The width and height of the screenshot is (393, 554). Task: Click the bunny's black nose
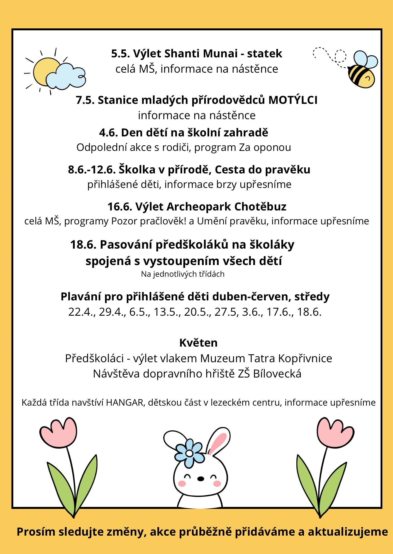201,479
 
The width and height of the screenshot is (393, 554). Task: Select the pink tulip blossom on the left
58,433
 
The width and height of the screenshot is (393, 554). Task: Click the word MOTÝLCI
293,100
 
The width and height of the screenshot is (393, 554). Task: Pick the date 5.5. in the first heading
120,53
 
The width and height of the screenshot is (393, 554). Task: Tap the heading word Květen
198,343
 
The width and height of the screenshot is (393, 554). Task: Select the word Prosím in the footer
36,532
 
